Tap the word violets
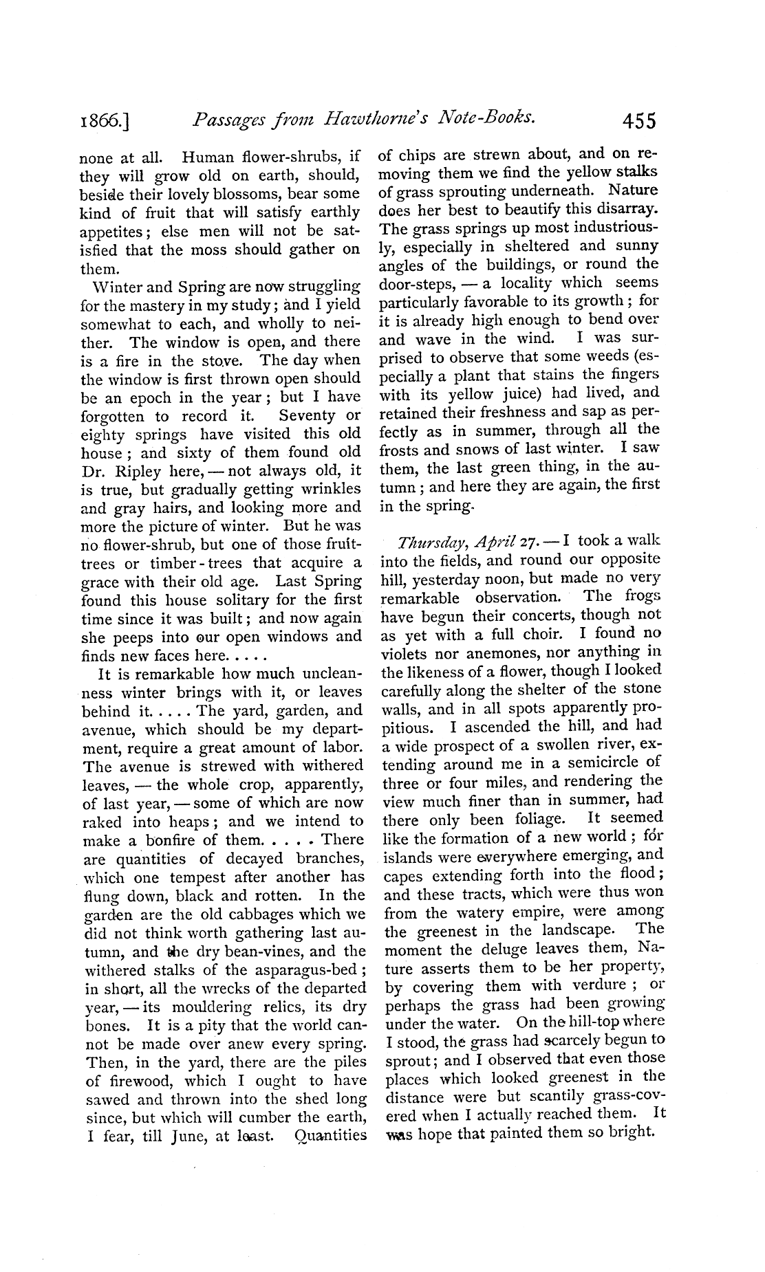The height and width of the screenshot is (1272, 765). [x=406, y=653]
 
